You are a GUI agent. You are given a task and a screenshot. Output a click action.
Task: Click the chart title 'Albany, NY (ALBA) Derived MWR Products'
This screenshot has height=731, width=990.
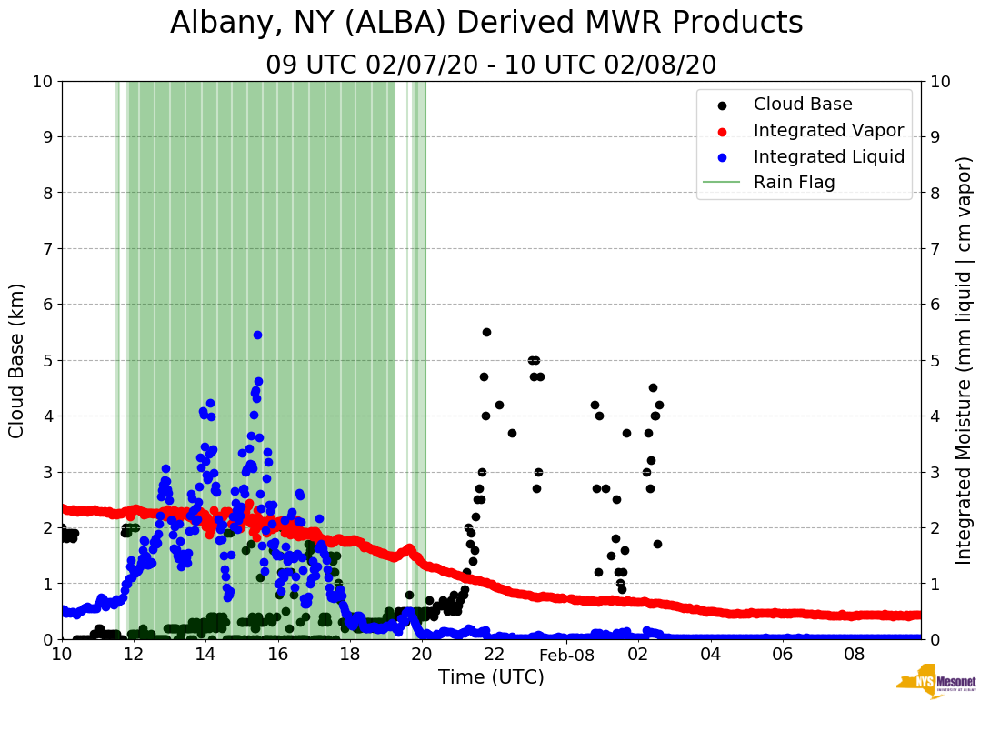(486, 23)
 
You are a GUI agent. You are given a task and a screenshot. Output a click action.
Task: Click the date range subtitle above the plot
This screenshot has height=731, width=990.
(491, 65)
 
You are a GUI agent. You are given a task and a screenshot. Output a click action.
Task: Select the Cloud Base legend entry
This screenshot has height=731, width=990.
(803, 105)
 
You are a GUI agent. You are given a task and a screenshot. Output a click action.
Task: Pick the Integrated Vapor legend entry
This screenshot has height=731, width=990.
(828, 130)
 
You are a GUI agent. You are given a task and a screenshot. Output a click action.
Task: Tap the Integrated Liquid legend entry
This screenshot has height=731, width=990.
(828, 156)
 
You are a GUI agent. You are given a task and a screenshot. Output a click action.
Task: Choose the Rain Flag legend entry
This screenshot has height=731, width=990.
(794, 182)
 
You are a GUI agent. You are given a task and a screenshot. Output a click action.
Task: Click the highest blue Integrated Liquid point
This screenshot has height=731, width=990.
(257, 335)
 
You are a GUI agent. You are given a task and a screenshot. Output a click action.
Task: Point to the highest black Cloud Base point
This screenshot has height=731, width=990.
(486, 332)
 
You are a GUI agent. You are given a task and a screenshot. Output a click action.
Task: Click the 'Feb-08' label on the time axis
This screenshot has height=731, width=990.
(566, 655)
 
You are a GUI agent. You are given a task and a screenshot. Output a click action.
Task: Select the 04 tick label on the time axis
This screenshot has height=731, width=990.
(710, 655)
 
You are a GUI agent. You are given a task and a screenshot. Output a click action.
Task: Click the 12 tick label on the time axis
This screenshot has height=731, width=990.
(134, 655)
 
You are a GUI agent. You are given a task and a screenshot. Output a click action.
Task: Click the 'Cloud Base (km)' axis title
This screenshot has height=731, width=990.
(17, 360)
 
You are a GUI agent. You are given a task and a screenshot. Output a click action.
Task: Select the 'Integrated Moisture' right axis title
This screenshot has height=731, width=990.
(965, 360)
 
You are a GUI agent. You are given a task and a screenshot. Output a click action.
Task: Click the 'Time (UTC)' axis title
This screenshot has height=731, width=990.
(491, 677)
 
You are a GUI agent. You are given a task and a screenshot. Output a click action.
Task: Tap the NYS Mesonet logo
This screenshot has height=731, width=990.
(935, 682)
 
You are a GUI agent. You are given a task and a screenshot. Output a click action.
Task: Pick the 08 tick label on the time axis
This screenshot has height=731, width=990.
(855, 655)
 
